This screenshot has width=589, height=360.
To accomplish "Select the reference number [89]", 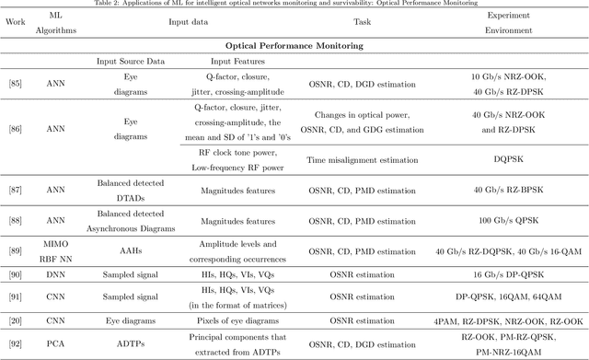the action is coord(16,251).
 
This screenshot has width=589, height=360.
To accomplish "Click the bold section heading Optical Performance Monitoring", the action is coord(293,44).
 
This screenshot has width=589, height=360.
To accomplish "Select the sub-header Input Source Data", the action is coord(131,62).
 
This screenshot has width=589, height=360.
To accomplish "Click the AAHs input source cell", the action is coord(131,251).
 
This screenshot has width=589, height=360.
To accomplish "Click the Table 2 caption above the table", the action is coord(294,4).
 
